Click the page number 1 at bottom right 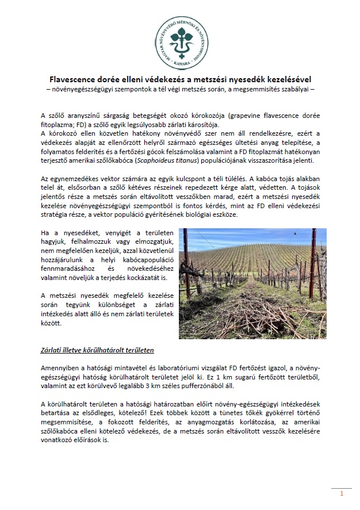[x=342, y=493]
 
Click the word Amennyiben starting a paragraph [x=60, y=367]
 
